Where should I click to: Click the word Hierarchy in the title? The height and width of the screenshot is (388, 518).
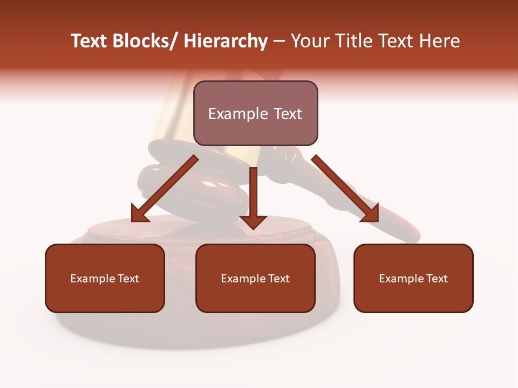(x=226, y=41)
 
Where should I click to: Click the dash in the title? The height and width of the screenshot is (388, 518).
(x=279, y=41)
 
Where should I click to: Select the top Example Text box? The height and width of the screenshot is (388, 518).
(x=255, y=114)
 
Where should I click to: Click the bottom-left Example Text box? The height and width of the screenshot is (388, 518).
(x=105, y=279)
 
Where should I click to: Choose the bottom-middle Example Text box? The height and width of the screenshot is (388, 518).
(x=255, y=279)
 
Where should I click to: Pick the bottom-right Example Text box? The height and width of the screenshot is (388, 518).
(x=413, y=279)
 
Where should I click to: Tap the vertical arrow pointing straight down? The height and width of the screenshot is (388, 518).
(x=254, y=194)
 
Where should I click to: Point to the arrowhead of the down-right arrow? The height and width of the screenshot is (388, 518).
(x=370, y=213)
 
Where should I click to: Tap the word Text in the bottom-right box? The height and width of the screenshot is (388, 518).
(x=437, y=279)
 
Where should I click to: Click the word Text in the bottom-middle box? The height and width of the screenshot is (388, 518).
(x=278, y=279)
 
